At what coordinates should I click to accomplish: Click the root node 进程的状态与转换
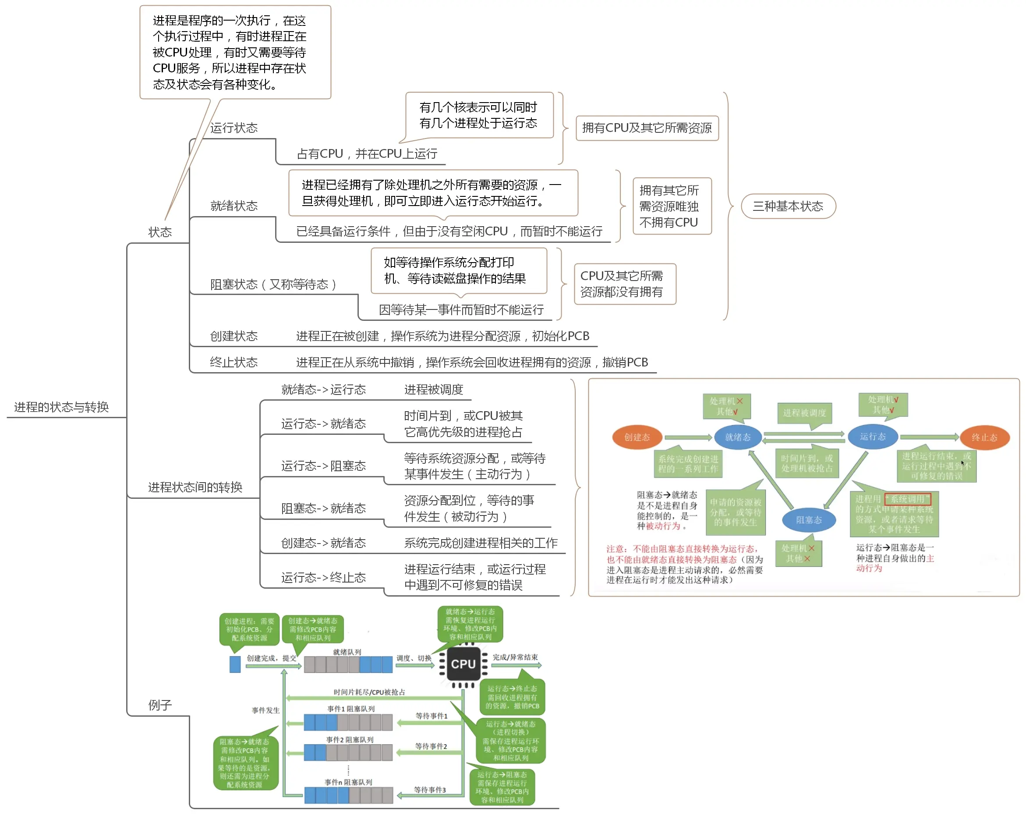pyautogui.click(x=61, y=407)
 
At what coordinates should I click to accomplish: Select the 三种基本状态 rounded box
pyautogui.click(x=788, y=206)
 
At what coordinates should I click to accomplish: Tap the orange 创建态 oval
pyautogui.click(x=637, y=437)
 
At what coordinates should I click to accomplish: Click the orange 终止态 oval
pyautogui.click(x=984, y=437)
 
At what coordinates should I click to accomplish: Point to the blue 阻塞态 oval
pyautogui.click(x=809, y=520)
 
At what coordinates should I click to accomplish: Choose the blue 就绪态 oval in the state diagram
pyautogui.click(x=738, y=437)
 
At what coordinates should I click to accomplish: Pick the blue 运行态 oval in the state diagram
pyautogui.click(x=873, y=436)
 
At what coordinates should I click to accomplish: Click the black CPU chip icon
pyautogui.click(x=463, y=664)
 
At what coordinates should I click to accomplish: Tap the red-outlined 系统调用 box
pyautogui.click(x=908, y=499)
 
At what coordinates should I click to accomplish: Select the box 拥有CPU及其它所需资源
pyautogui.click(x=647, y=128)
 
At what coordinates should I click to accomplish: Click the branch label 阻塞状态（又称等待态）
pyautogui.click(x=273, y=284)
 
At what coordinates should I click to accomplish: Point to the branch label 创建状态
pyautogui.click(x=234, y=336)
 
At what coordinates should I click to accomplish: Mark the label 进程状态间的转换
pyautogui.click(x=195, y=487)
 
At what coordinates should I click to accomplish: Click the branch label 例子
pyautogui.click(x=159, y=705)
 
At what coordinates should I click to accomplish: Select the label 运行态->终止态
pyautogui.click(x=323, y=577)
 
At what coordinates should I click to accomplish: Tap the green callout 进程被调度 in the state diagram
pyautogui.click(x=804, y=413)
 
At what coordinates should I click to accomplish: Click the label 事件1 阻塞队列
pyautogui.click(x=351, y=709)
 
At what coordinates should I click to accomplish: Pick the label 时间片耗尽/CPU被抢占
pyautogui.click(x=369, y=692)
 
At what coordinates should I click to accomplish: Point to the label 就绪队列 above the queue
pyautogui.click(x=347, y=652)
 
